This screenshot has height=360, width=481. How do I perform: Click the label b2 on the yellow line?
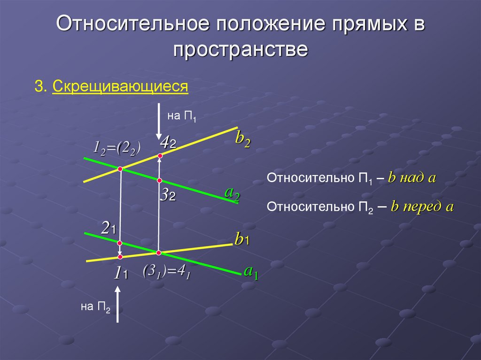242,139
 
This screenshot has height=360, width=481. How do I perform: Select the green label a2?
232,193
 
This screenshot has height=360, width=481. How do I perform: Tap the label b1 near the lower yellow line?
242,240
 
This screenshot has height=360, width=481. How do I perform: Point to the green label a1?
251,272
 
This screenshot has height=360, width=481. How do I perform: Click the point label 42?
167,142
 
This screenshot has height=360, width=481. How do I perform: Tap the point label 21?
108,229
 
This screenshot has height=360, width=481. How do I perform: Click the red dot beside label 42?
160,155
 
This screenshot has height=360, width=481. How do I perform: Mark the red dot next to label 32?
159,181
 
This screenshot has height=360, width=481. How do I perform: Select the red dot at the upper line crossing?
120,169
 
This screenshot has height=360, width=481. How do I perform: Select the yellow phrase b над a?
413,178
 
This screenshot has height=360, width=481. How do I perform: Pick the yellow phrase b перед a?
422,207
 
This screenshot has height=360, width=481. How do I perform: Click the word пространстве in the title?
240,49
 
